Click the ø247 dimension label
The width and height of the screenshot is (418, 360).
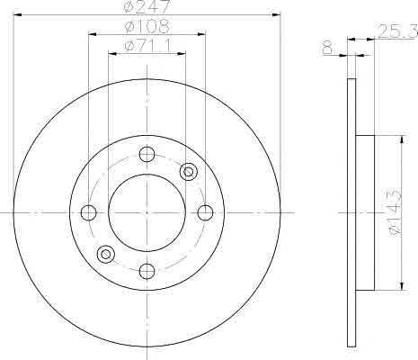point(147,6)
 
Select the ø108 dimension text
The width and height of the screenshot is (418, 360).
point(147,26)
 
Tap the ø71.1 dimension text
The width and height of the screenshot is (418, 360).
point(147,46)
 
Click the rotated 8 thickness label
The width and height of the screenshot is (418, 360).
point(328,49)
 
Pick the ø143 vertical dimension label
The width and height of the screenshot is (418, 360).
point(395,211)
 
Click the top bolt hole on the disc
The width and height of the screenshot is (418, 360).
point(147,154)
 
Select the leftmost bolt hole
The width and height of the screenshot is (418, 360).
point(89,212)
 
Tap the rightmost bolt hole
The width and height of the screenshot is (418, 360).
point(205,212)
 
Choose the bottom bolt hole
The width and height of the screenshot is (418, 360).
point(147,271)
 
